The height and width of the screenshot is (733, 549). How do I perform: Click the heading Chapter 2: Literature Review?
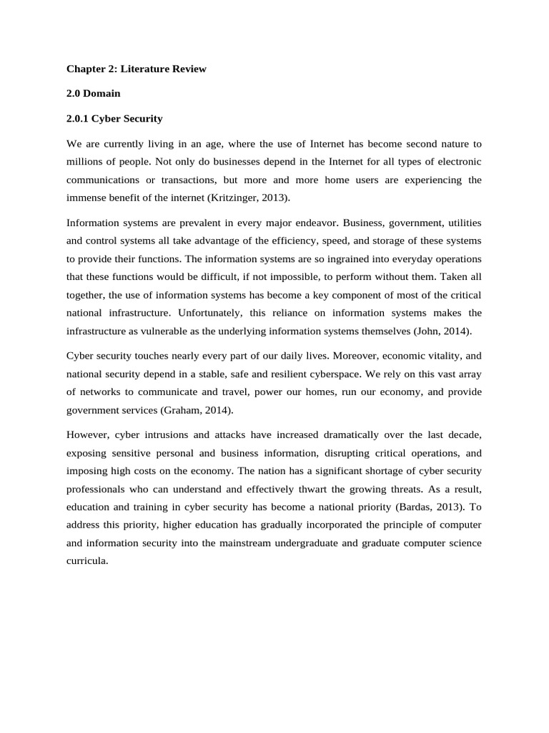136,69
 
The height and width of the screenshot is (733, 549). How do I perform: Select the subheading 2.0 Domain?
94,94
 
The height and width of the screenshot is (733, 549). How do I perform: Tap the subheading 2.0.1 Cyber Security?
114,118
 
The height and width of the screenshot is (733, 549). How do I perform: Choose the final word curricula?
87,561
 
